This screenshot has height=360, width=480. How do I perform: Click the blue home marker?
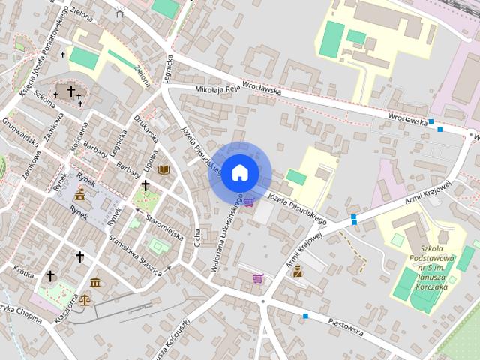click(x=239, y=172)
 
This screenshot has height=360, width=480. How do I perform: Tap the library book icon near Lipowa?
click(x=163, y=170)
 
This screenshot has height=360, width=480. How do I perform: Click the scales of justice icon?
click(x=84, y=298)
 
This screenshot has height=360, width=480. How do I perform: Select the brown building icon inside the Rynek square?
click(x=79, y=195)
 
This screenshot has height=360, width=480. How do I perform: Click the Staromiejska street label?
click(x=165, y=226)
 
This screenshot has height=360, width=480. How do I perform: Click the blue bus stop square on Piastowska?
click(x=305, y=316)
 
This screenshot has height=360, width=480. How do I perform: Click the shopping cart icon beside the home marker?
click(x=248, y=202)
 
